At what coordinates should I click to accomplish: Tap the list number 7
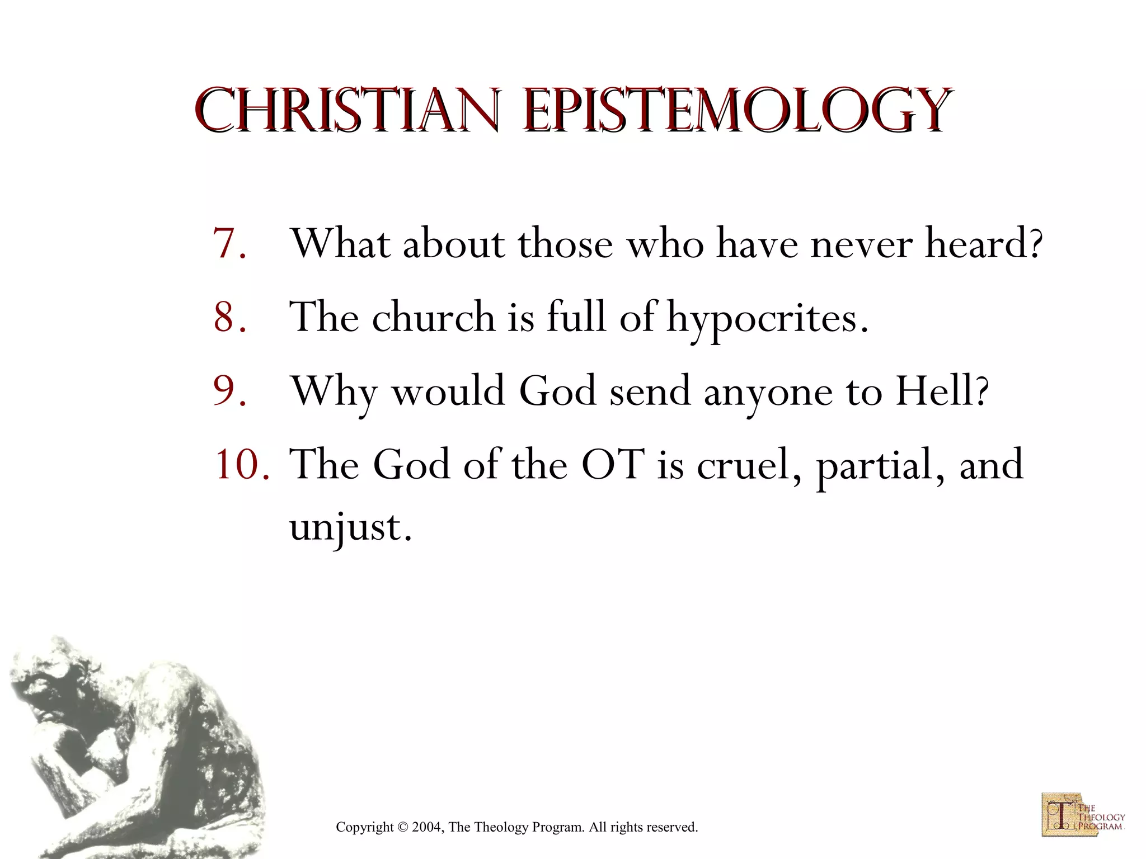coord(228,244)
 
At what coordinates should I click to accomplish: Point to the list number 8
coord(228,317)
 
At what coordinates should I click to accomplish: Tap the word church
coord(433,317)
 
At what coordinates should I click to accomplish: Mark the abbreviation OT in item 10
coord(613,464)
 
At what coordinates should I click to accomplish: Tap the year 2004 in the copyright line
coord(427,827)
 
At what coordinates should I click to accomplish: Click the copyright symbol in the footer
coord(402,827)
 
